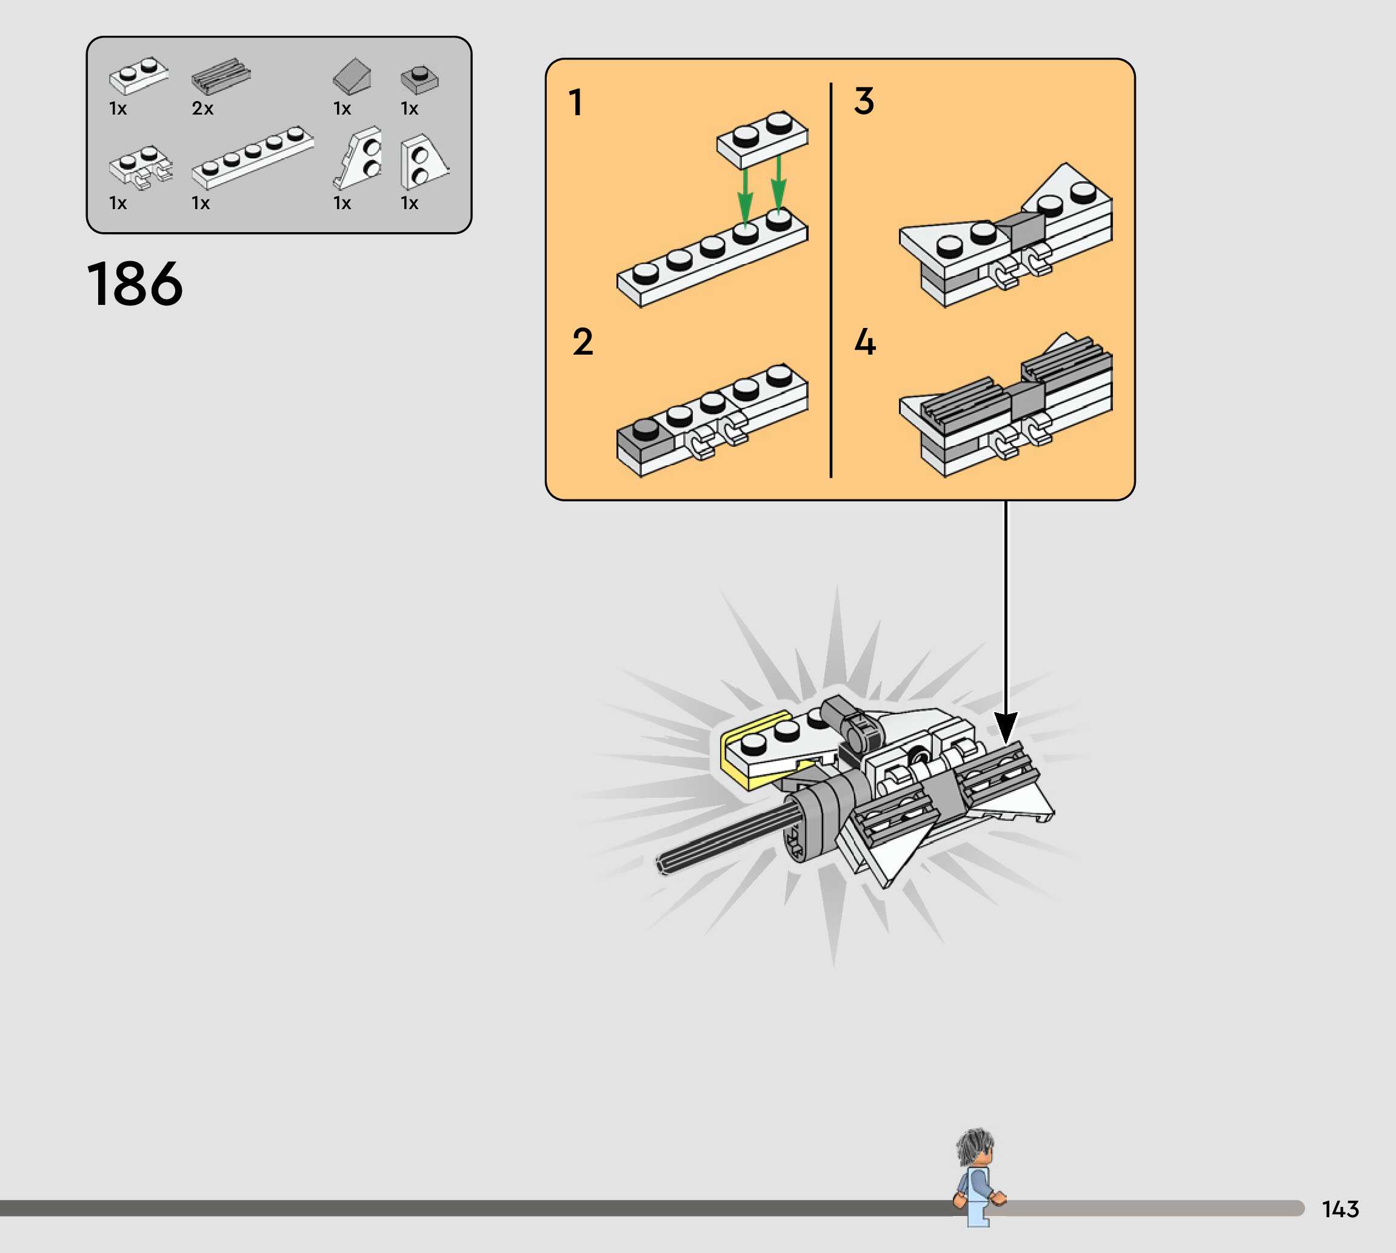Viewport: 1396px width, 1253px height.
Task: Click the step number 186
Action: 135,284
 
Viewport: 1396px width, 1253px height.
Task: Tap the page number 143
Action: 1340,1209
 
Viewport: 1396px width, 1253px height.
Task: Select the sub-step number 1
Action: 575,102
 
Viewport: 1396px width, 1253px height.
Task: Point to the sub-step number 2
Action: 583,342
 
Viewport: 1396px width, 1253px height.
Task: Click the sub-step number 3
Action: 864,101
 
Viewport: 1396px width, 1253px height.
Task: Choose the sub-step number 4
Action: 864,342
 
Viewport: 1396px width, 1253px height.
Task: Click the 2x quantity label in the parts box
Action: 202,109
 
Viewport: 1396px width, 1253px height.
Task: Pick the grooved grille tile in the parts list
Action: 221,76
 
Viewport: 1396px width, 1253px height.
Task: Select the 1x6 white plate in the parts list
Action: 252,157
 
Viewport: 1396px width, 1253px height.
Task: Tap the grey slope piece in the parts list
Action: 352,76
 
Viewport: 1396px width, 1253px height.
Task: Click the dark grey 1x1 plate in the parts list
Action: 419,79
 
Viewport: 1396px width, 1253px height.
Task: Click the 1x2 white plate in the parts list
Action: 138,75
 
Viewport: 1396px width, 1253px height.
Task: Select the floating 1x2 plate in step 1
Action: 762,140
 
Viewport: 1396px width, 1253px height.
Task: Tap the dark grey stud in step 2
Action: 645,428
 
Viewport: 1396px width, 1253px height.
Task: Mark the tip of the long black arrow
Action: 1006,741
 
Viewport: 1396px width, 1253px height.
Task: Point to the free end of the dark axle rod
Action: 662,863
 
